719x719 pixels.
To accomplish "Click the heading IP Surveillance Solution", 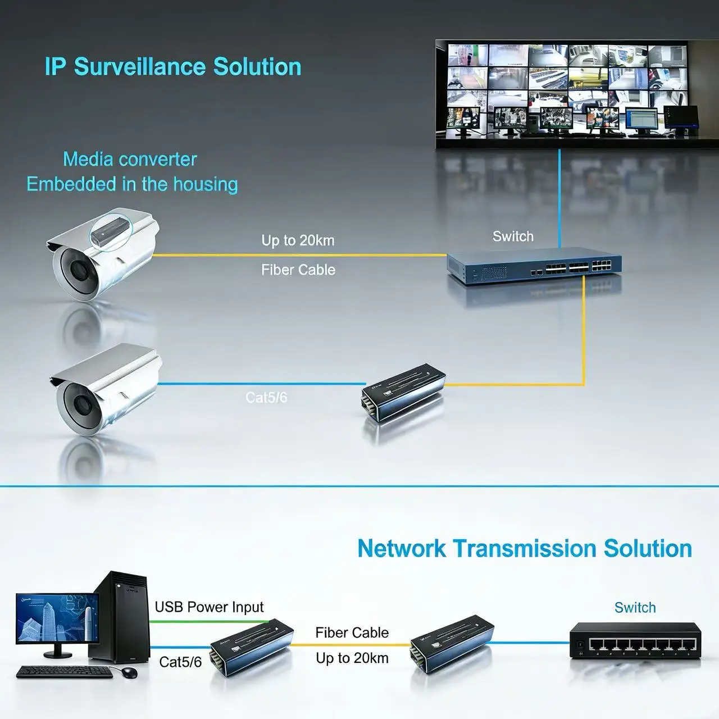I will (173, 66).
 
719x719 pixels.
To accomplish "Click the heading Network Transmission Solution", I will (525, 548).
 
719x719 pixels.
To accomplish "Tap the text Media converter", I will (130, 160).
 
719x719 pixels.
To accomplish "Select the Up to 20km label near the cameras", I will (298, 240).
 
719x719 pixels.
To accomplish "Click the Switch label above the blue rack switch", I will (513, 236).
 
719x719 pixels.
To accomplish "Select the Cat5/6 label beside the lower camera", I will (266, 398).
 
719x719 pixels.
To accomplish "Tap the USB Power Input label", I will (209, 607).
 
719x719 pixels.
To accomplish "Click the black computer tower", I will (119, 615).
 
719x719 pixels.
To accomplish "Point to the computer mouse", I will (130, 672).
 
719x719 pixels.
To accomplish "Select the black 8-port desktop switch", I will (635, 640).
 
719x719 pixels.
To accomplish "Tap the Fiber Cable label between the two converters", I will (352, 633).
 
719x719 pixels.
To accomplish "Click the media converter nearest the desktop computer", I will (251, 652).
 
